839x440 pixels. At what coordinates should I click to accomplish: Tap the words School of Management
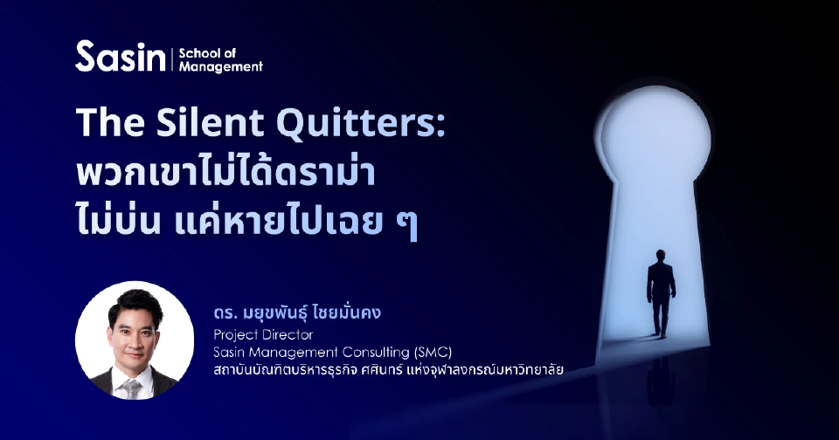coord(219,58)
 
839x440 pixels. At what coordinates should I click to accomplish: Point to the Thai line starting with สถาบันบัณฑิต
coord(389,370)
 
